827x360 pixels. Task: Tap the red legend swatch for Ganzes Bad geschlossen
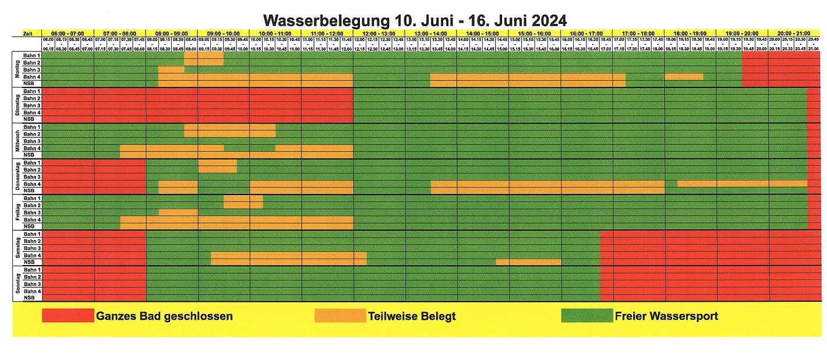point(68,316)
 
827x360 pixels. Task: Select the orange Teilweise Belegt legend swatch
point(340,316)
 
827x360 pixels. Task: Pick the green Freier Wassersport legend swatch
point(586,316)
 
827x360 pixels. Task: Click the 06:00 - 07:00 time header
point(68,33)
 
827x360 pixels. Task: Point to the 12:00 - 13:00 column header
point(379,33)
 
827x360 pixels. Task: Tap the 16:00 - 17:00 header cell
point(586,33)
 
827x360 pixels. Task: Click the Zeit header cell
point(27,33)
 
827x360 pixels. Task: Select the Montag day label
point(17,69)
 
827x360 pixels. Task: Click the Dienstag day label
point(17,105)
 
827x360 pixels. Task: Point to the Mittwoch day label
point(17,141)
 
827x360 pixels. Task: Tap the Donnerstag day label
point(17,177)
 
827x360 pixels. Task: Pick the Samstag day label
point(17,248)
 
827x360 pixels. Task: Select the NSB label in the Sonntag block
point(29,298)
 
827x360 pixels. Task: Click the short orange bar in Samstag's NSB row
point(528,262)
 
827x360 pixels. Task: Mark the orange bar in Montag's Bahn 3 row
point(171,69)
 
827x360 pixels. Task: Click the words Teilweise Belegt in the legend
point(412,316)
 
